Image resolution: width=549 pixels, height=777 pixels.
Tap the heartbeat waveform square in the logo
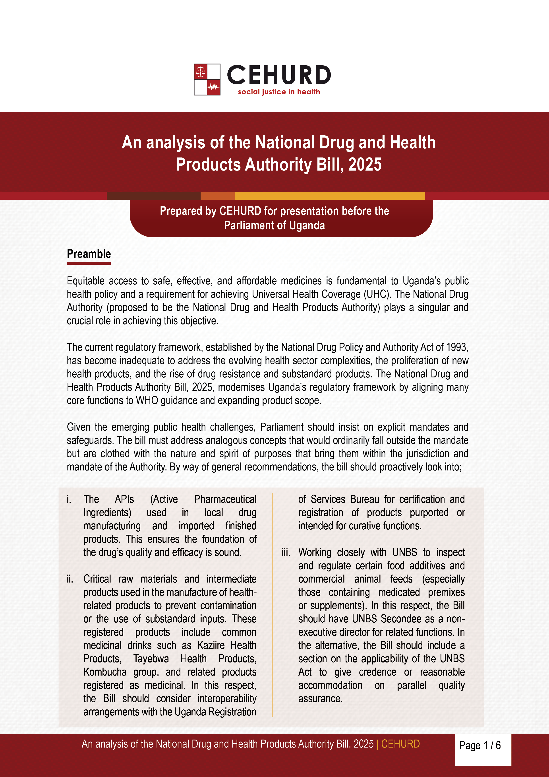(213, 87)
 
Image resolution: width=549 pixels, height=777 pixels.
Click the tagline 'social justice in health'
(279, 92)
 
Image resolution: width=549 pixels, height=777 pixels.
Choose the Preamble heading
(89, 254)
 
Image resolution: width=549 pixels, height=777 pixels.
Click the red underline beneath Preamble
(89, 263)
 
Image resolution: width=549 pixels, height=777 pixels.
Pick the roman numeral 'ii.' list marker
(70, 579)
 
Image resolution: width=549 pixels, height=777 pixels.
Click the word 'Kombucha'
(105, 672)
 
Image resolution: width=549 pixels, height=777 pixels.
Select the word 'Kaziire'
(211, 645)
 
